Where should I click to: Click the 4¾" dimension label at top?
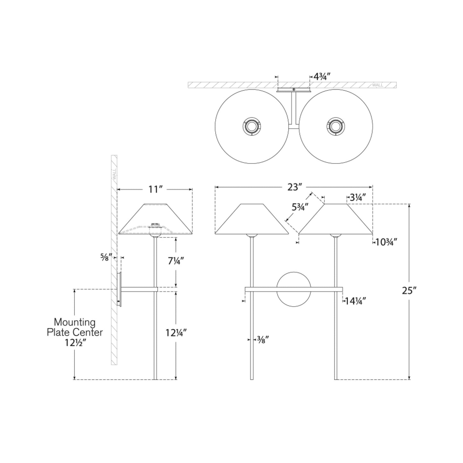[x=322, y=77]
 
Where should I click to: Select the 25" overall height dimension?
[x=409, y=290]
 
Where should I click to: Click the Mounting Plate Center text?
[x=75, y=327]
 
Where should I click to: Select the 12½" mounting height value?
[x=75, y=343]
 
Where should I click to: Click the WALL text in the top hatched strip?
[x=377, y=85]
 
